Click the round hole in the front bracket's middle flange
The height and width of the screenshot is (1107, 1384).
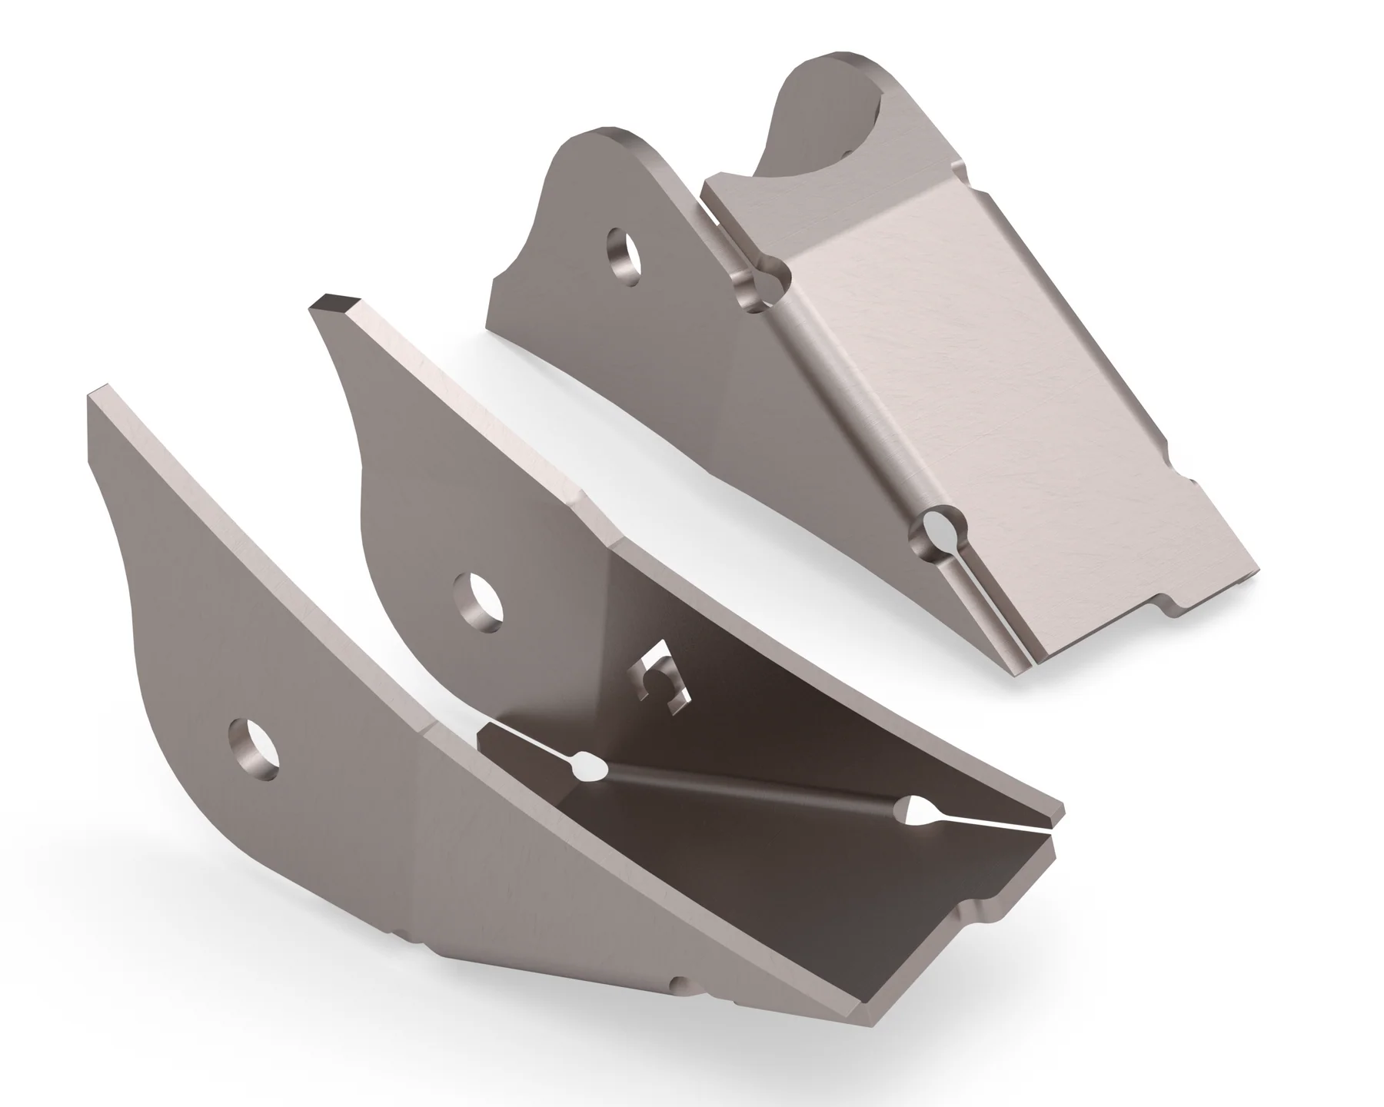(477, 600)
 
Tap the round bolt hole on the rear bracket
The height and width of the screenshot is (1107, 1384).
(624, 255)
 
